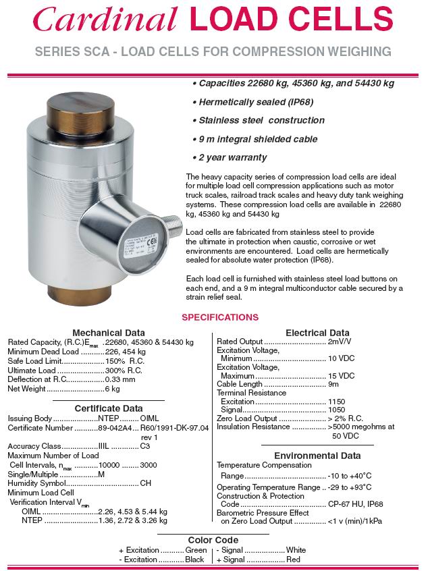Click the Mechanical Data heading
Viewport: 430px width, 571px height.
[108, 332]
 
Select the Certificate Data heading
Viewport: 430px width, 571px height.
[108, 408]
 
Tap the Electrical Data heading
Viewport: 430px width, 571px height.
[317, 332]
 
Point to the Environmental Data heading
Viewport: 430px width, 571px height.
[317, 456]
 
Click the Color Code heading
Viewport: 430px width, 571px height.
[213, 540]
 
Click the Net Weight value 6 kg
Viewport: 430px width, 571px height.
[112, 389]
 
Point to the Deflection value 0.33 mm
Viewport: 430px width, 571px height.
[120, 379]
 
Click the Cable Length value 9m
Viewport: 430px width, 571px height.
[333, 384]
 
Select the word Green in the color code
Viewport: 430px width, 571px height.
[196, 550]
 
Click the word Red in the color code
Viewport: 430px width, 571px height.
[293, 560]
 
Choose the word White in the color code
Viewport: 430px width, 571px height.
[296, 550]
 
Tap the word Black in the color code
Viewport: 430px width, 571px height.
[194, 560]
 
